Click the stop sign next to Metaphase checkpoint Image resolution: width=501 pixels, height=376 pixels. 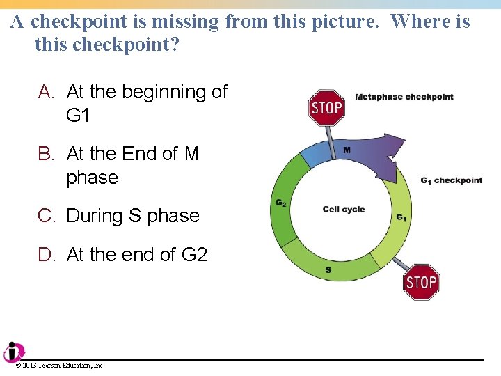[x=326, y=108]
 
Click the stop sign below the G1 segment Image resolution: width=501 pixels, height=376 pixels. [x=421, y=282]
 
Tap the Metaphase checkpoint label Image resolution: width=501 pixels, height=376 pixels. [x=404, y=97]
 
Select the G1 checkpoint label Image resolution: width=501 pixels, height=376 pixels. [x=451, y=180]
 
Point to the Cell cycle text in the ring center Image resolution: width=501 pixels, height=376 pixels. [x=344, y=210]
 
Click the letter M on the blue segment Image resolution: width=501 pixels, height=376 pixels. [x=347, y=150]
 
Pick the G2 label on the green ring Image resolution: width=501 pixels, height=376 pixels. [x=280, y=203]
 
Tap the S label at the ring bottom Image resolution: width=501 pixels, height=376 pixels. [x=328, y=269]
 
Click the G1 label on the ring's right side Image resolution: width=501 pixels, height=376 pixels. [x=401, y=217]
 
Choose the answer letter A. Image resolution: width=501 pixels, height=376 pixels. [x=46, y=92]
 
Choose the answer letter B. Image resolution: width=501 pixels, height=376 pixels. [x=46, y=154]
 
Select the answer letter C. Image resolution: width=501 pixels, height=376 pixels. [x=46, y=216]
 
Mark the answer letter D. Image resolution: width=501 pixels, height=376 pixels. [x=46, y=255]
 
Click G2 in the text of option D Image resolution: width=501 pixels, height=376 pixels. [x=194, y=255]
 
